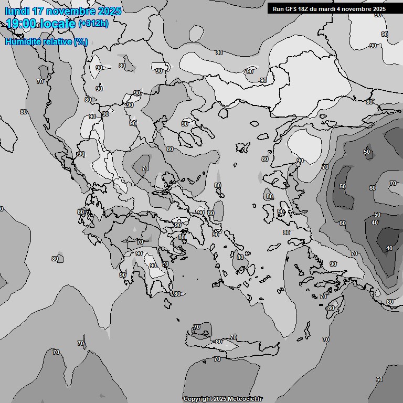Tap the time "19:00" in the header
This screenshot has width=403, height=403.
point(21,24)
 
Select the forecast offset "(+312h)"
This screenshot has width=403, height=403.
point(93,24)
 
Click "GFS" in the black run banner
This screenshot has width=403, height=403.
point(291,9)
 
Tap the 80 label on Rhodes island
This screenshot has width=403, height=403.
point(331,308)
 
